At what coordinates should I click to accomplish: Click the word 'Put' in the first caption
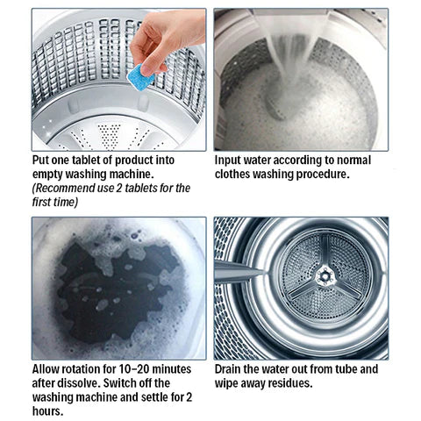click(x=42, y=161)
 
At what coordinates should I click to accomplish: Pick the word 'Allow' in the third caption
click(x=48, y=369)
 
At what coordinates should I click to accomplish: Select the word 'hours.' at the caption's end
click(x=48, y=411)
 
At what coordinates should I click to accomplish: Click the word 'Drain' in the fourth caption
click(x=232, y=369)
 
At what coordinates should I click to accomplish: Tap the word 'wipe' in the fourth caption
click(x=230, y=383)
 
